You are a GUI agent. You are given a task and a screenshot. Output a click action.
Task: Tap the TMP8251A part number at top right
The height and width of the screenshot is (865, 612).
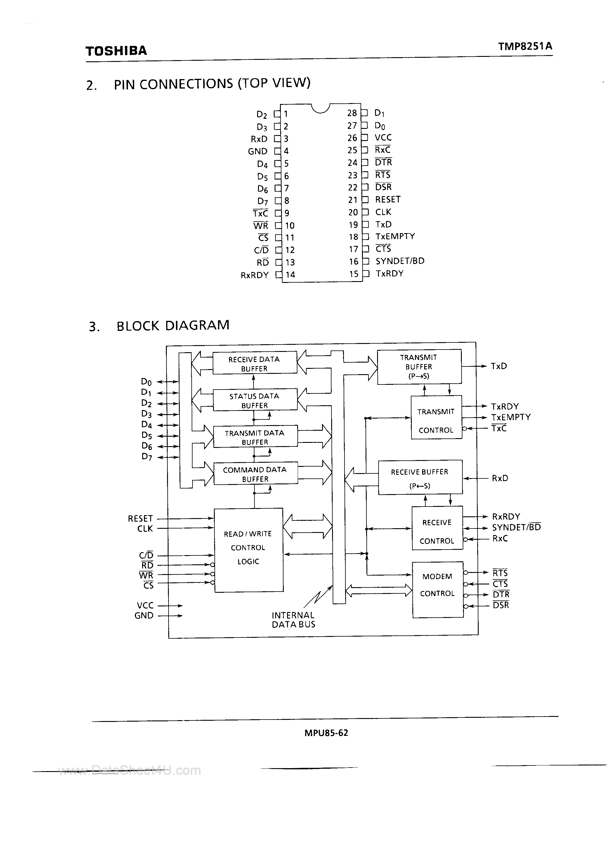525,46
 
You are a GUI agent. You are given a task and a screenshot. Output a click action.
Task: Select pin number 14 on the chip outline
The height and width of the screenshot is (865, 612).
290,275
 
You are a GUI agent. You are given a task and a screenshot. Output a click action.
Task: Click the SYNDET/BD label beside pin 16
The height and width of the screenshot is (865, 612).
400,261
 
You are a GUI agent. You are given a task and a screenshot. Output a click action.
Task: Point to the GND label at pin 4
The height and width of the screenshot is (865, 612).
257,151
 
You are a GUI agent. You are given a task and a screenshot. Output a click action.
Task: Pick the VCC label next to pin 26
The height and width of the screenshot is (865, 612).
383,137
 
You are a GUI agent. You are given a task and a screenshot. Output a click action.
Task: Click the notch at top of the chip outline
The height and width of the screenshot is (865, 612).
321,108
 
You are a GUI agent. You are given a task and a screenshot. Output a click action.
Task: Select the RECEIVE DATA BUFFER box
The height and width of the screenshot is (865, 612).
254,363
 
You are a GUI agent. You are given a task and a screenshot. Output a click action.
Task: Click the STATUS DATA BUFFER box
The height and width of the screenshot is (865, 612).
255,400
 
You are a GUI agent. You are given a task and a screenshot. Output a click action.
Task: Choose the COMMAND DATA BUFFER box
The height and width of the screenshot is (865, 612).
255,474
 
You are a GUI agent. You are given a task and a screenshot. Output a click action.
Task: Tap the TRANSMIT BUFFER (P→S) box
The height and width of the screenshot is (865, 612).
419,366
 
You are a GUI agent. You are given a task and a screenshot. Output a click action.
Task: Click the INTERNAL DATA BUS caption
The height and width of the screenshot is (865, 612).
293,620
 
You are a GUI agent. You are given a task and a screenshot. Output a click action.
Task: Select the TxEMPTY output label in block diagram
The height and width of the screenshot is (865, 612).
511,417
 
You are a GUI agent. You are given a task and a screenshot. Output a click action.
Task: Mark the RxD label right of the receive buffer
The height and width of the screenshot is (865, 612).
500,478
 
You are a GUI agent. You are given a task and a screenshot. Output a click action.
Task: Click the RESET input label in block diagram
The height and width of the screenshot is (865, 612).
140,518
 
